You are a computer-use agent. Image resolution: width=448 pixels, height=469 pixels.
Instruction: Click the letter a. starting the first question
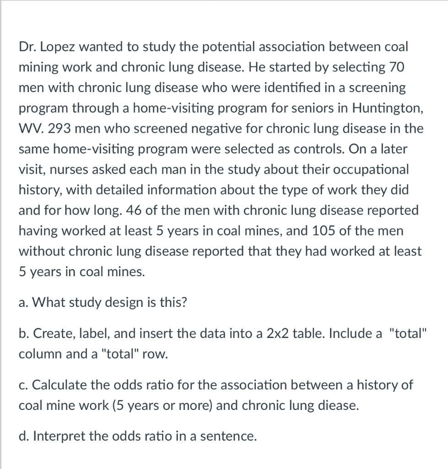23,303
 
